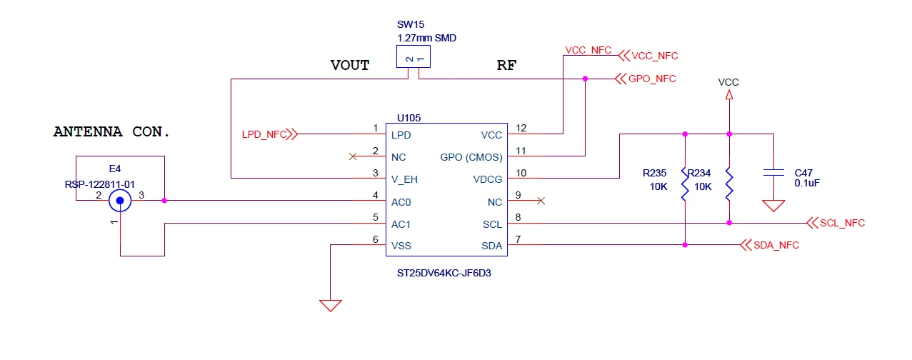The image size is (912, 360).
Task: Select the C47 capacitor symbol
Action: (x=773, y=173)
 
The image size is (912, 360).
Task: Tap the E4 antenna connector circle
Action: (x=120, y=201)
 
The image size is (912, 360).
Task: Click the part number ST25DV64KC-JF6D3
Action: (x=444, y=273)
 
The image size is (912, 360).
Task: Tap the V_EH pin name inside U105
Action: (x=404, y=179)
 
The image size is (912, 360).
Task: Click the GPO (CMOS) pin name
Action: (x=471, y=157)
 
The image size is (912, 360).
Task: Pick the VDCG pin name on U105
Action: (x=487, y=179)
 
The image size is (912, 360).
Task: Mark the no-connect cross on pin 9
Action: (x=541, y=201)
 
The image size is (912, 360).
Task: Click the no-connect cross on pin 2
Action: (x=353, y=156)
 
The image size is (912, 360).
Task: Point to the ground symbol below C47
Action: (x=773, y=206)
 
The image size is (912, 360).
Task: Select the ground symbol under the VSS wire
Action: (x=330, y=306)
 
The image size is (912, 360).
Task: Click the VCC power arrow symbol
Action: (x=729, y=95)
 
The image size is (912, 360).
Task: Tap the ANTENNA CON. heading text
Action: (x=111, y=131)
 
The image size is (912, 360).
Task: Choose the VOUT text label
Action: (x=350, y=65)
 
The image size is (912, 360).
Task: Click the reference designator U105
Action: (x=409, y=118)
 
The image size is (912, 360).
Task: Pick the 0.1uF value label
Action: (x=807, y=184)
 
